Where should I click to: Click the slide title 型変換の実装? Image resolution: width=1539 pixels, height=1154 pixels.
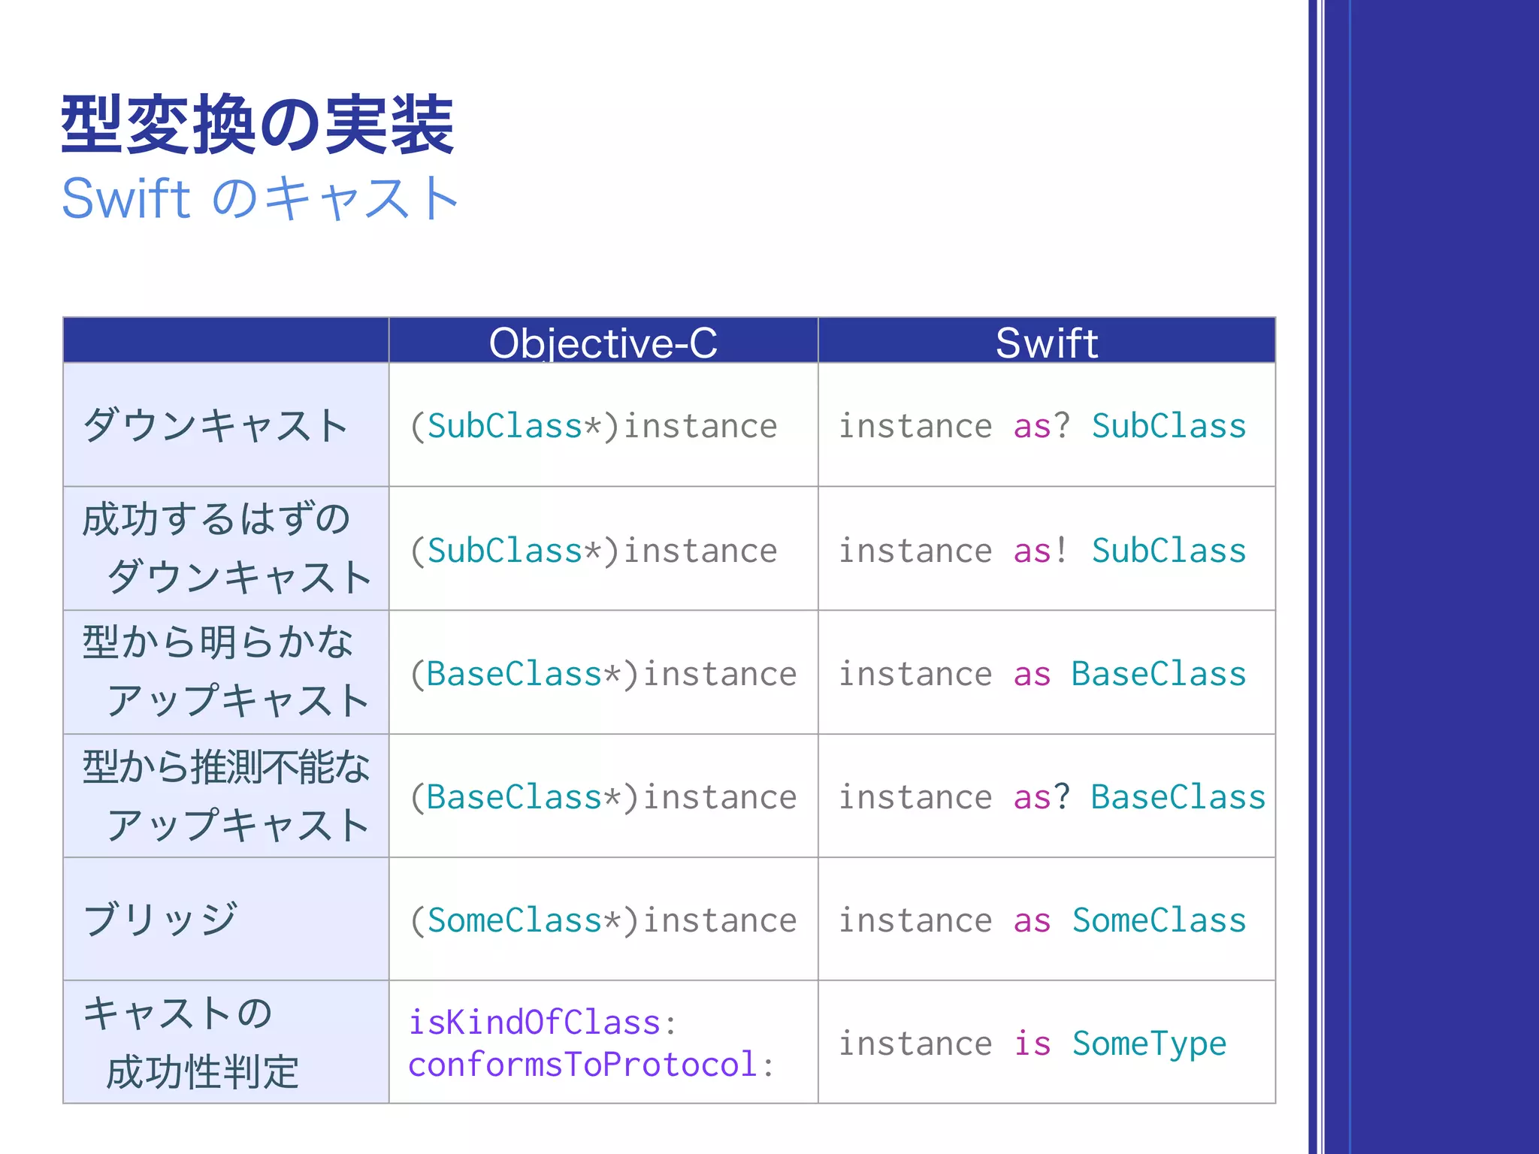pos(257,125)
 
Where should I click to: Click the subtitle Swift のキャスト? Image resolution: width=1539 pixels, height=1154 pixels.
pos(260,198)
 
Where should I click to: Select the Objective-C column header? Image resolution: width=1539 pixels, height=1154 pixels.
pos(603,343)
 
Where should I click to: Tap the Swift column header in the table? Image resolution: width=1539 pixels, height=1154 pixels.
pos(1046,343)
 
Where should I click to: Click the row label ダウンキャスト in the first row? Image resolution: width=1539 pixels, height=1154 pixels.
pos(216,425)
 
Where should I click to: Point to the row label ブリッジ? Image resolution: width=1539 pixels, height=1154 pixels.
pos(161,919)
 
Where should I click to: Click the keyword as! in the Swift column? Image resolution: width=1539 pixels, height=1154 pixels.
pos(1040,551)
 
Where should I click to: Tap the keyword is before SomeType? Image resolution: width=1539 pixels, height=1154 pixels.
pos(1032,1044)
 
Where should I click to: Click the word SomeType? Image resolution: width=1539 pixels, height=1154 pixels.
pos(1149,1044)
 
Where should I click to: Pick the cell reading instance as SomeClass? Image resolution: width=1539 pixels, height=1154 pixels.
pos(1042,920)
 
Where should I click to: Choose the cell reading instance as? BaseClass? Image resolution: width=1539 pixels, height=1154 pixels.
pos(1051,797)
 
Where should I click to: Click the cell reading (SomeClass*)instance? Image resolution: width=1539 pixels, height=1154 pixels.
pos(603,920)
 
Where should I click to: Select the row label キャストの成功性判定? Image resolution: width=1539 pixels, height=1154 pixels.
pos(191,1042)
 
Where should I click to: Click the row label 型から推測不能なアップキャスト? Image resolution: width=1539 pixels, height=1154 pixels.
pos(226,796)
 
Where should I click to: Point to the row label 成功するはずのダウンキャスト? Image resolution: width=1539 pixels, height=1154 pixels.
pos(226,548)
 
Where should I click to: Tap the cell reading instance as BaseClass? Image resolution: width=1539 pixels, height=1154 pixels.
pos(1042,674)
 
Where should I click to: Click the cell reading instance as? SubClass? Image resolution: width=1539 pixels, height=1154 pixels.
pos(1042,426)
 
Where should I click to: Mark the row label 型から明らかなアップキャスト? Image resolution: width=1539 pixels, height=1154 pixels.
pos(226,672)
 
